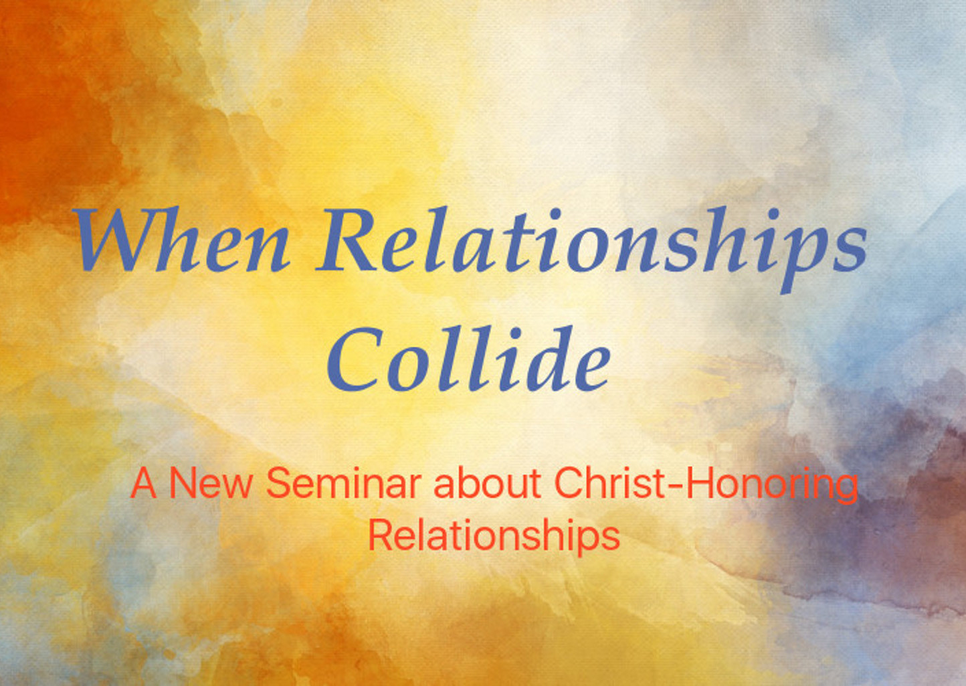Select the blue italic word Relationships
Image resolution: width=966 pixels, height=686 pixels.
(591, 250)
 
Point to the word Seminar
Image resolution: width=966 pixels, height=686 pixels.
(343, 483)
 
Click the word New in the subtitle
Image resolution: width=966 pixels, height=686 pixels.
(210, 483)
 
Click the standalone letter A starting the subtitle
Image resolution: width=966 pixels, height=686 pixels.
(143, 483)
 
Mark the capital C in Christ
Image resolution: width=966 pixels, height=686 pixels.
(569, 483)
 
